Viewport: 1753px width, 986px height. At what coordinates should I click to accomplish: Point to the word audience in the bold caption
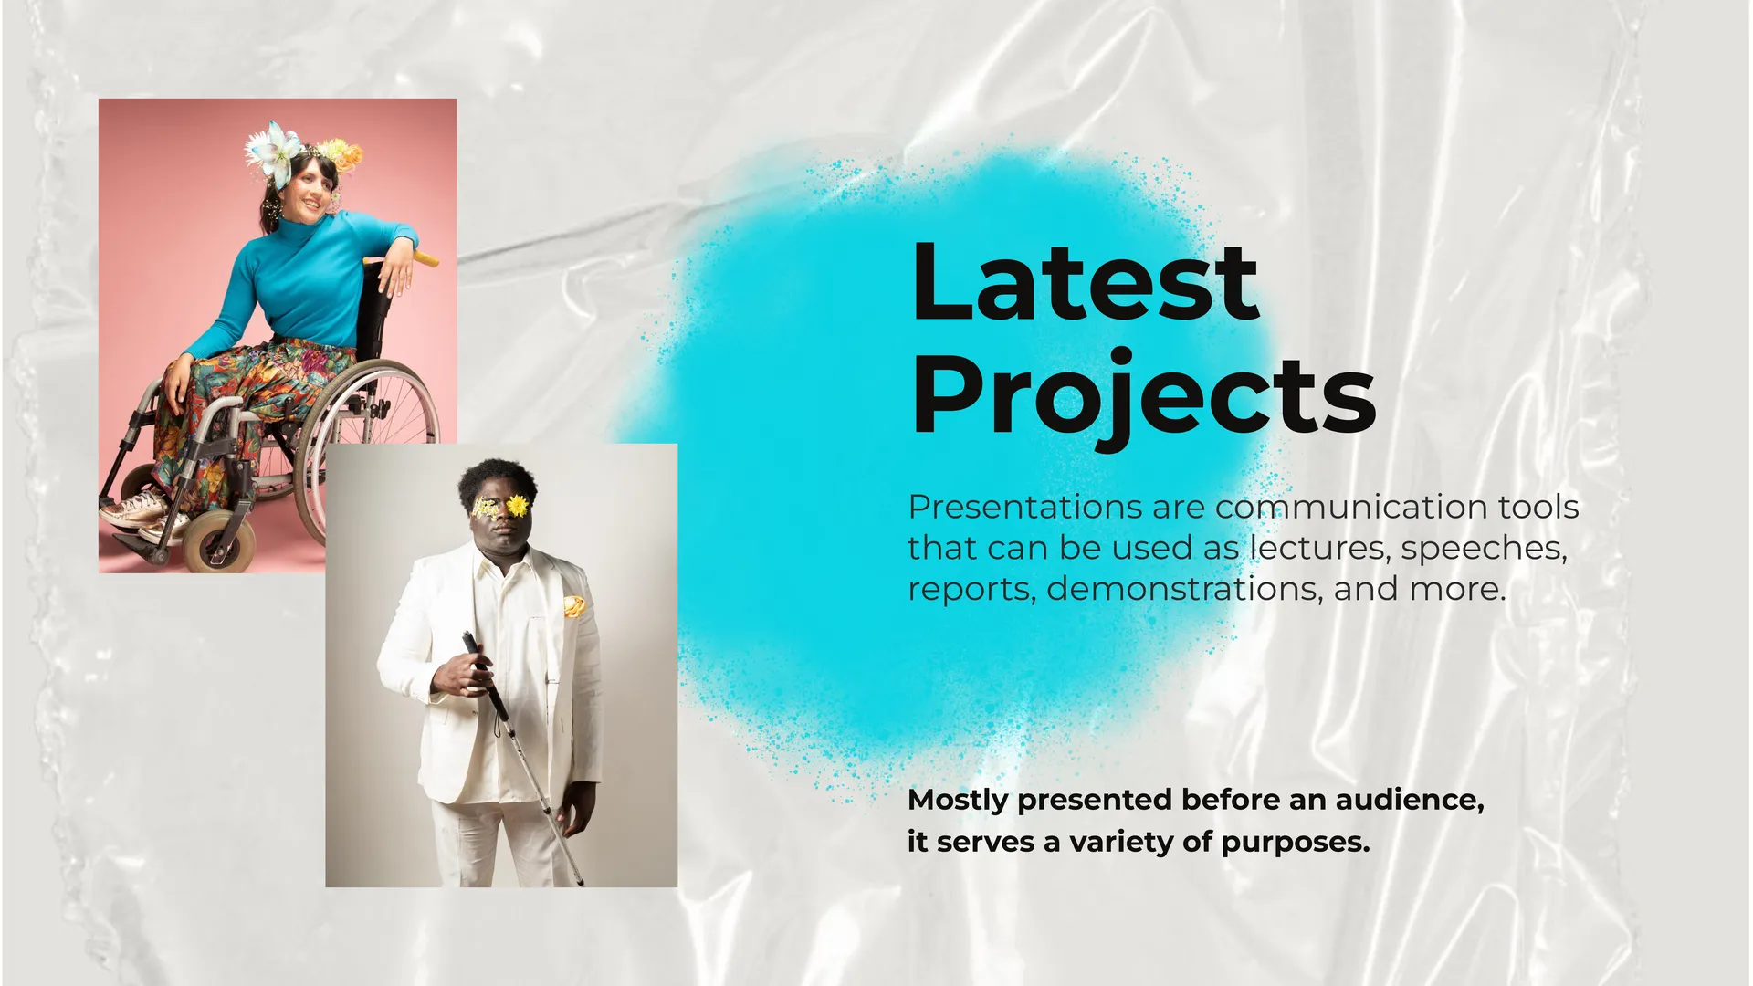click(x=1410, y=800)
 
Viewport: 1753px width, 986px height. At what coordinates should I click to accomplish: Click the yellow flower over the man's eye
click(x=518, y=505)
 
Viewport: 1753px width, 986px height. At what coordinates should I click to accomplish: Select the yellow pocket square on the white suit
click(x=573, y=606)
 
